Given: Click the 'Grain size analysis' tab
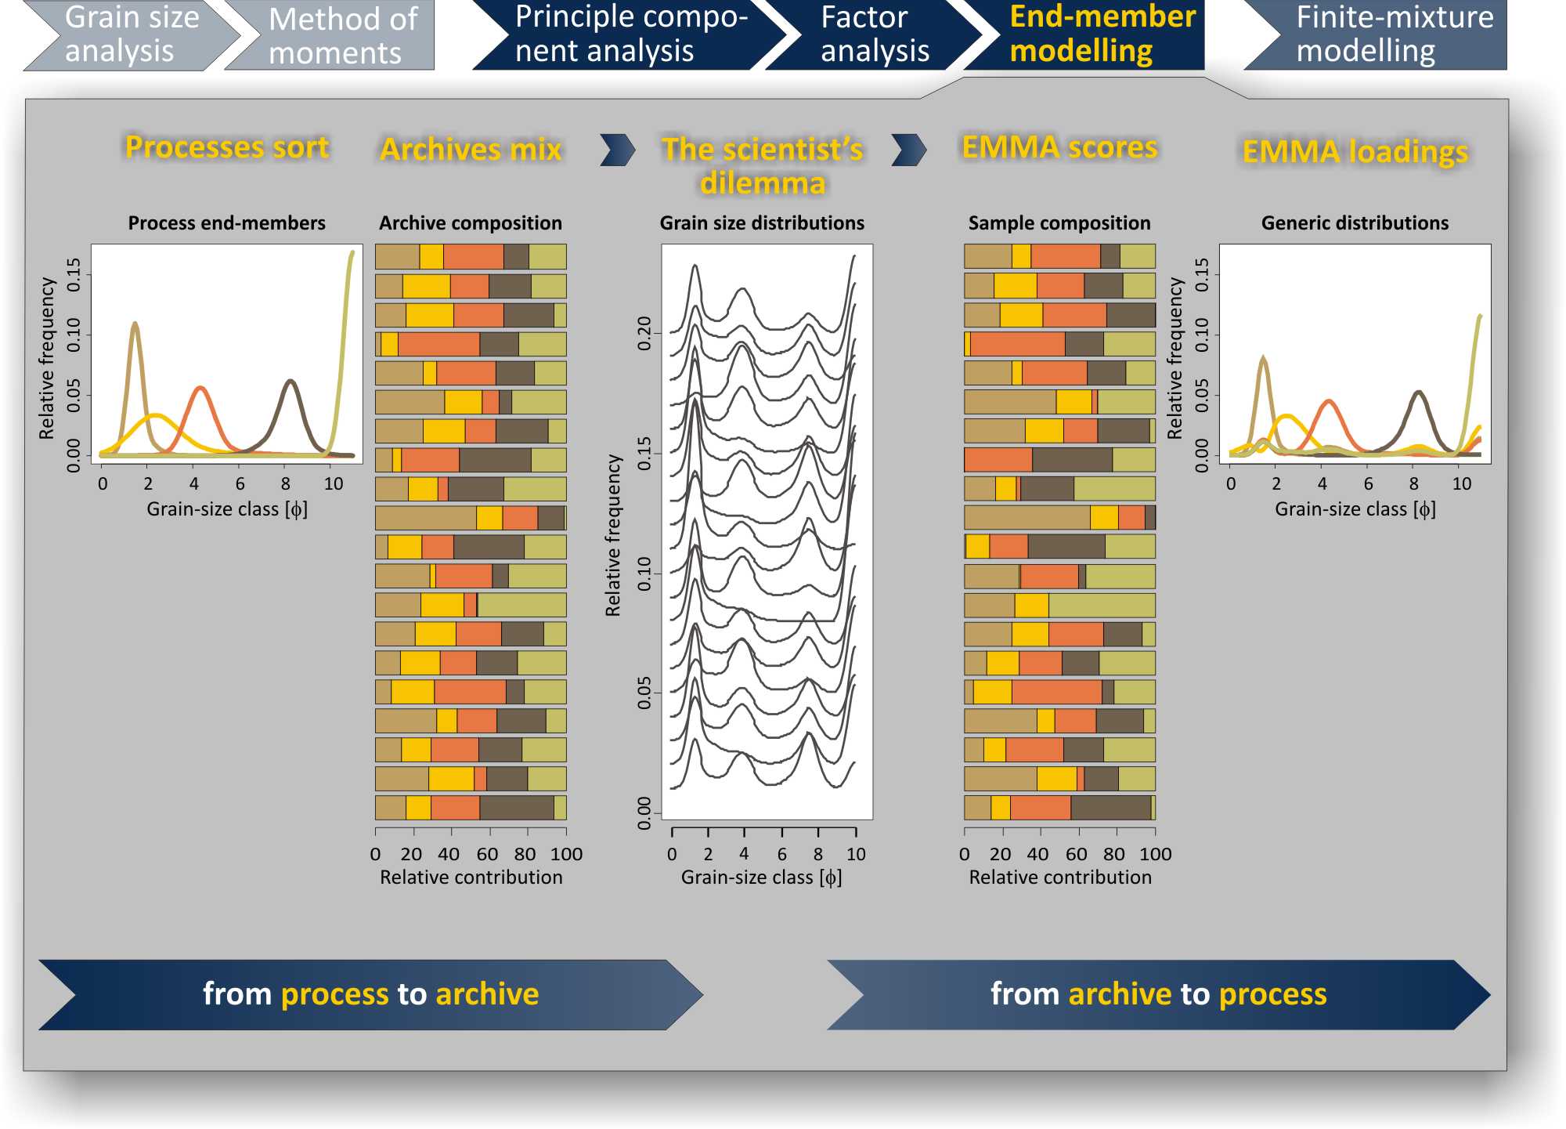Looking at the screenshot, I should (132, 34).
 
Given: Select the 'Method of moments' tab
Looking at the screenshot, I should (337, 36).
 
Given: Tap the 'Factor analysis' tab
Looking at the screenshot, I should (873, 34).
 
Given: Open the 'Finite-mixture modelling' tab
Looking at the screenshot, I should (1386, 34).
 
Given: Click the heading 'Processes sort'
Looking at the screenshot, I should (227, 147).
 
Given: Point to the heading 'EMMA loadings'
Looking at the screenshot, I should (1355, 152).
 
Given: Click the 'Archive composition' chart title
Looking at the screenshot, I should (470, 223).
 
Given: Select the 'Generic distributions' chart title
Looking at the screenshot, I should (1355, 223).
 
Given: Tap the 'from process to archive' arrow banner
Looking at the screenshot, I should (370, 994).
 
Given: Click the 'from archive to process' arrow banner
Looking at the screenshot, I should (1158, 994).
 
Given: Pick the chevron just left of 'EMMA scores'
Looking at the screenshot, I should (909, 150).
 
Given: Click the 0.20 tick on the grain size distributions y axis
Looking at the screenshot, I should (644, 334).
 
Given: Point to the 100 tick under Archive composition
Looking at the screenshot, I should (566, 854).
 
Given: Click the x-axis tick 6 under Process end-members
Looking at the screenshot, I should (240, 484).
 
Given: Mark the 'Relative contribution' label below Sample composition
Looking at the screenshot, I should (1060, 878).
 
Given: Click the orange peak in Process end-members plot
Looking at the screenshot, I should (200, 389).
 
